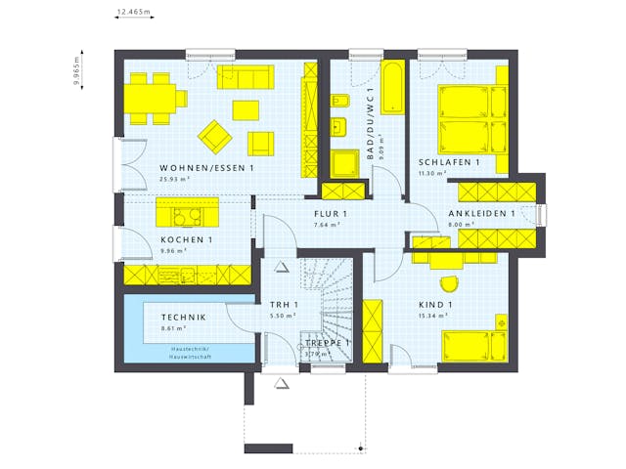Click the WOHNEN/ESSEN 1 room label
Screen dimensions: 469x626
point(206,168)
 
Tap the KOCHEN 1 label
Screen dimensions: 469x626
point(185,239)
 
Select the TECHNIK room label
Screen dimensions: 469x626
point(185,318)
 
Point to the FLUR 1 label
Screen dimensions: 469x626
point(331,214)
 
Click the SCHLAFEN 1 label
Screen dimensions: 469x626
point(448,162)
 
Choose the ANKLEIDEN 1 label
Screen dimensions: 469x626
point(481,214)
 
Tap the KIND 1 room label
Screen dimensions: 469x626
point(435,305)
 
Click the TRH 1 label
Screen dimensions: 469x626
point(284,305)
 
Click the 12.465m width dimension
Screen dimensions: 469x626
point(134,13)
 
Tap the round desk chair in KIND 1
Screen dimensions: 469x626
point(448,282)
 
